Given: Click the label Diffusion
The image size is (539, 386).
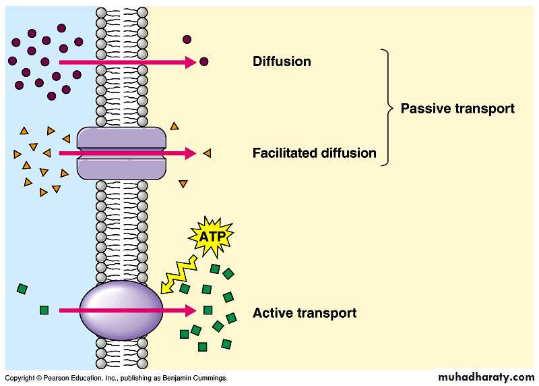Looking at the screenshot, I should click(x=282, y=61).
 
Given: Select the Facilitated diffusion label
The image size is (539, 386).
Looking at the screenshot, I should click(x=314, y=153).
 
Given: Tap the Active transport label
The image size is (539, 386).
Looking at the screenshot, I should click(x=304, y=313).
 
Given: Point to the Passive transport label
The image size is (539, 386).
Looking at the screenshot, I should click(x=457, y=108).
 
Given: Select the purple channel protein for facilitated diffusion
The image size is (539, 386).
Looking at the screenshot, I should click(x=121, y=153).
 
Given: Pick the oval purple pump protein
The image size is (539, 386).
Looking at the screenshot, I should click(x=121, y=310).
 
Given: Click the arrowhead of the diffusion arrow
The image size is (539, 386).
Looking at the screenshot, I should click(x=191, y=62).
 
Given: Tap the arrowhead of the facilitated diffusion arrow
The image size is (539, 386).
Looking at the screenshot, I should click(x=191, y=153).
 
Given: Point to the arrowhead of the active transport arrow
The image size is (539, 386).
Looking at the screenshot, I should click(x=191, y=310).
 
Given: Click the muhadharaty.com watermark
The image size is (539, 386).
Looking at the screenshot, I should click(x=485, y=377).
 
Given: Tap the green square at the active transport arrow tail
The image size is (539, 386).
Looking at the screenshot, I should click(x=44, y=310).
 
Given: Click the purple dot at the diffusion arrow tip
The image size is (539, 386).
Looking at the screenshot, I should click(x=204, y=62).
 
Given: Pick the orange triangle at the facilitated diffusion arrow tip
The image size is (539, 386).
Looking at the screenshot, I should click(x=207, y=153).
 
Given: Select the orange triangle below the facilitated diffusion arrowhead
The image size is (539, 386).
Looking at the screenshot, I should click(x=183, y=184).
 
